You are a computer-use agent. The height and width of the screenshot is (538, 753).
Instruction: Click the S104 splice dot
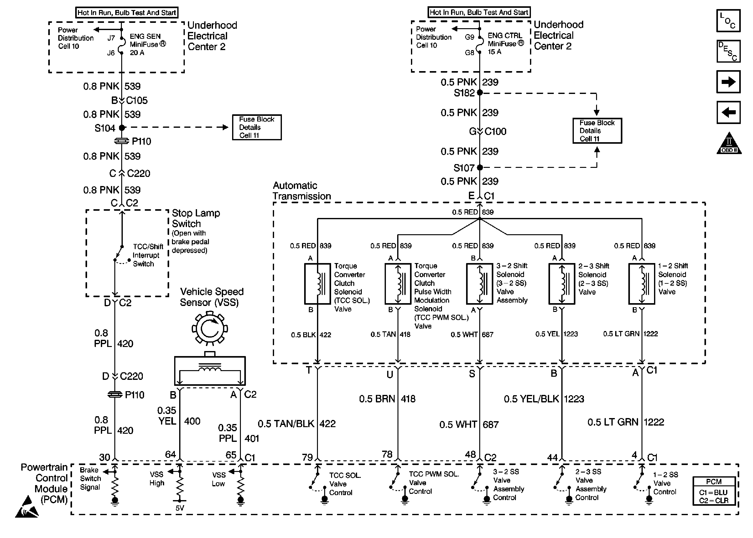pos(122,127)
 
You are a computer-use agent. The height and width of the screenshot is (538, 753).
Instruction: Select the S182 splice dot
pos(479,93)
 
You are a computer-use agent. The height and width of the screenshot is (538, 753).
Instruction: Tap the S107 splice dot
pos(479,168)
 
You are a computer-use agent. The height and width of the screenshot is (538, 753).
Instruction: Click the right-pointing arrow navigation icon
pos(728,82)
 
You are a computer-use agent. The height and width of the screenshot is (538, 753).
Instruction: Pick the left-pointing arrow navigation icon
pos(728,112)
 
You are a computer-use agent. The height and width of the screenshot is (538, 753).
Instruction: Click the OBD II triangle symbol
pos(729,144)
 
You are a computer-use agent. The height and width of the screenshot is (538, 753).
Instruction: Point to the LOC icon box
pos(728,21)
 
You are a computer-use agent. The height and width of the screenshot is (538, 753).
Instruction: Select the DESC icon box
pos(728,51)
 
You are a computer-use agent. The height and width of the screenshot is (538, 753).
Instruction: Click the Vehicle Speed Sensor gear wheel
pos(210,328)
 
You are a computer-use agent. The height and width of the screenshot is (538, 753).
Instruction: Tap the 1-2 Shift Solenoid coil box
pos(642,284)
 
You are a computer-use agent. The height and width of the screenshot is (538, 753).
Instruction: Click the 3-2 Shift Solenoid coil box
pos(479,284)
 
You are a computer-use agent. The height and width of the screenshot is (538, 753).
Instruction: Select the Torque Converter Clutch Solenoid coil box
pos(317,284)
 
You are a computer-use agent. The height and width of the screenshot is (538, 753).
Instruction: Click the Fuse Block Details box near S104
pos(257,127)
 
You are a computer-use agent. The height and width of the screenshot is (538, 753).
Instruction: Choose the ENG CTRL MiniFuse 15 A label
pos(505,44)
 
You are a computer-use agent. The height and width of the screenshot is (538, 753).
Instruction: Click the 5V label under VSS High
pos(179,508)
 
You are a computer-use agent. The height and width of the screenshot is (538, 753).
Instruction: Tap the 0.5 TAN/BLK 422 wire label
pos(297,424)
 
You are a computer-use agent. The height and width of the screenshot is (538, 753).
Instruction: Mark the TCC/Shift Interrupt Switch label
pos(148,255)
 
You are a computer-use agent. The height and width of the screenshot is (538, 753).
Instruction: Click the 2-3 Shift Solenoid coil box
pos(562,284)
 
